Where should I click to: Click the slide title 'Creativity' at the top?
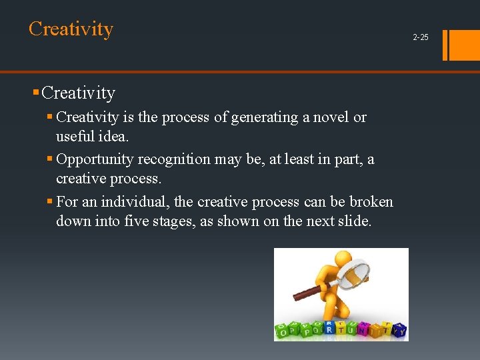71,29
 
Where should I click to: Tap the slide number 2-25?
421,37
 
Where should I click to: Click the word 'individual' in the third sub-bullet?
135,201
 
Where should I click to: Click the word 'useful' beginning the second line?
77,137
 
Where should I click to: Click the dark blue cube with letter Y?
400,330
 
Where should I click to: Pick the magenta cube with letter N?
364,328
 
